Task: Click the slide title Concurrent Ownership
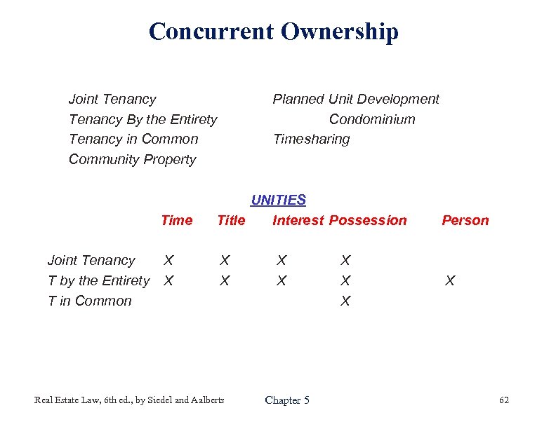(274, 32)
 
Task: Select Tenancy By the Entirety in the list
(143, 120)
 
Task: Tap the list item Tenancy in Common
(133, 139)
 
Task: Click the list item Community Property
(132, 160)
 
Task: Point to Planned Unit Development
(355, 100)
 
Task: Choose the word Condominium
(372, 120)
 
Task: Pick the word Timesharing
(311, 139)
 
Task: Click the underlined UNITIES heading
(278, 200)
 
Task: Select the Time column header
(176, 221)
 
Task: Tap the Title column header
(231, 221)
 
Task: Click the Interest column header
(298, 221)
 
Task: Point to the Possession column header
(368, 221)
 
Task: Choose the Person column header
(465, 221)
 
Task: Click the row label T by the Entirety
(98, 281)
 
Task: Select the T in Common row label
(89, 301)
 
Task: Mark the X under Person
(450, 281)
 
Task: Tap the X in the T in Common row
(345, 301)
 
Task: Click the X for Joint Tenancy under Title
(224, 261)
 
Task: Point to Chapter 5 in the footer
(287, 400)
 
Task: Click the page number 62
(503, 400)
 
